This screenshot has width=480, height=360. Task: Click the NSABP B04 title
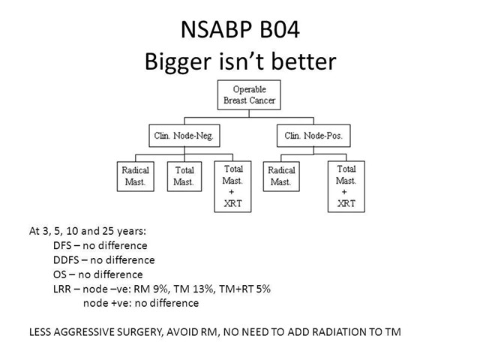[x=240, y=30]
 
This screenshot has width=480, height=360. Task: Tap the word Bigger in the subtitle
[x=178, y=62]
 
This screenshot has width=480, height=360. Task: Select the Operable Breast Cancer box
[x=249, y=95]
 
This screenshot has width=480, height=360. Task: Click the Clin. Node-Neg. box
[x=184, y=136]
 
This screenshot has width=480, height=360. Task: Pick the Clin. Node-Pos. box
[x=313, y=136]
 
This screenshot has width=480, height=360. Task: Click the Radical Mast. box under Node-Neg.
[x=135, y=176]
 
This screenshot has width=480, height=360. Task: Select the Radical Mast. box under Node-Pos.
[x=281, y=176]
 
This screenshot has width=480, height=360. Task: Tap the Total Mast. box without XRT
[x=184, y=176]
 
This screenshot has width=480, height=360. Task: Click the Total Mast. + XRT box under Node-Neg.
[x=232, y=187]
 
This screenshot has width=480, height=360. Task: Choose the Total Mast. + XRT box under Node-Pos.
[x=346, y=187]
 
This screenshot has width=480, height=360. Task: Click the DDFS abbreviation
[x=66, y=260]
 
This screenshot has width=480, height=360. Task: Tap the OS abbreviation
[x=59, y=274]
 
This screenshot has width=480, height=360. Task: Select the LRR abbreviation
[x=62, y=289]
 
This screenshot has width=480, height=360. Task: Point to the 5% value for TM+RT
[x=262, y=289]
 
